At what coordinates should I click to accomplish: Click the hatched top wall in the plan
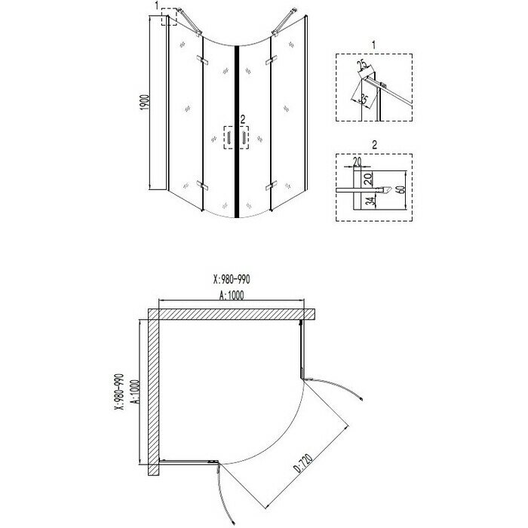(234, 312)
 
